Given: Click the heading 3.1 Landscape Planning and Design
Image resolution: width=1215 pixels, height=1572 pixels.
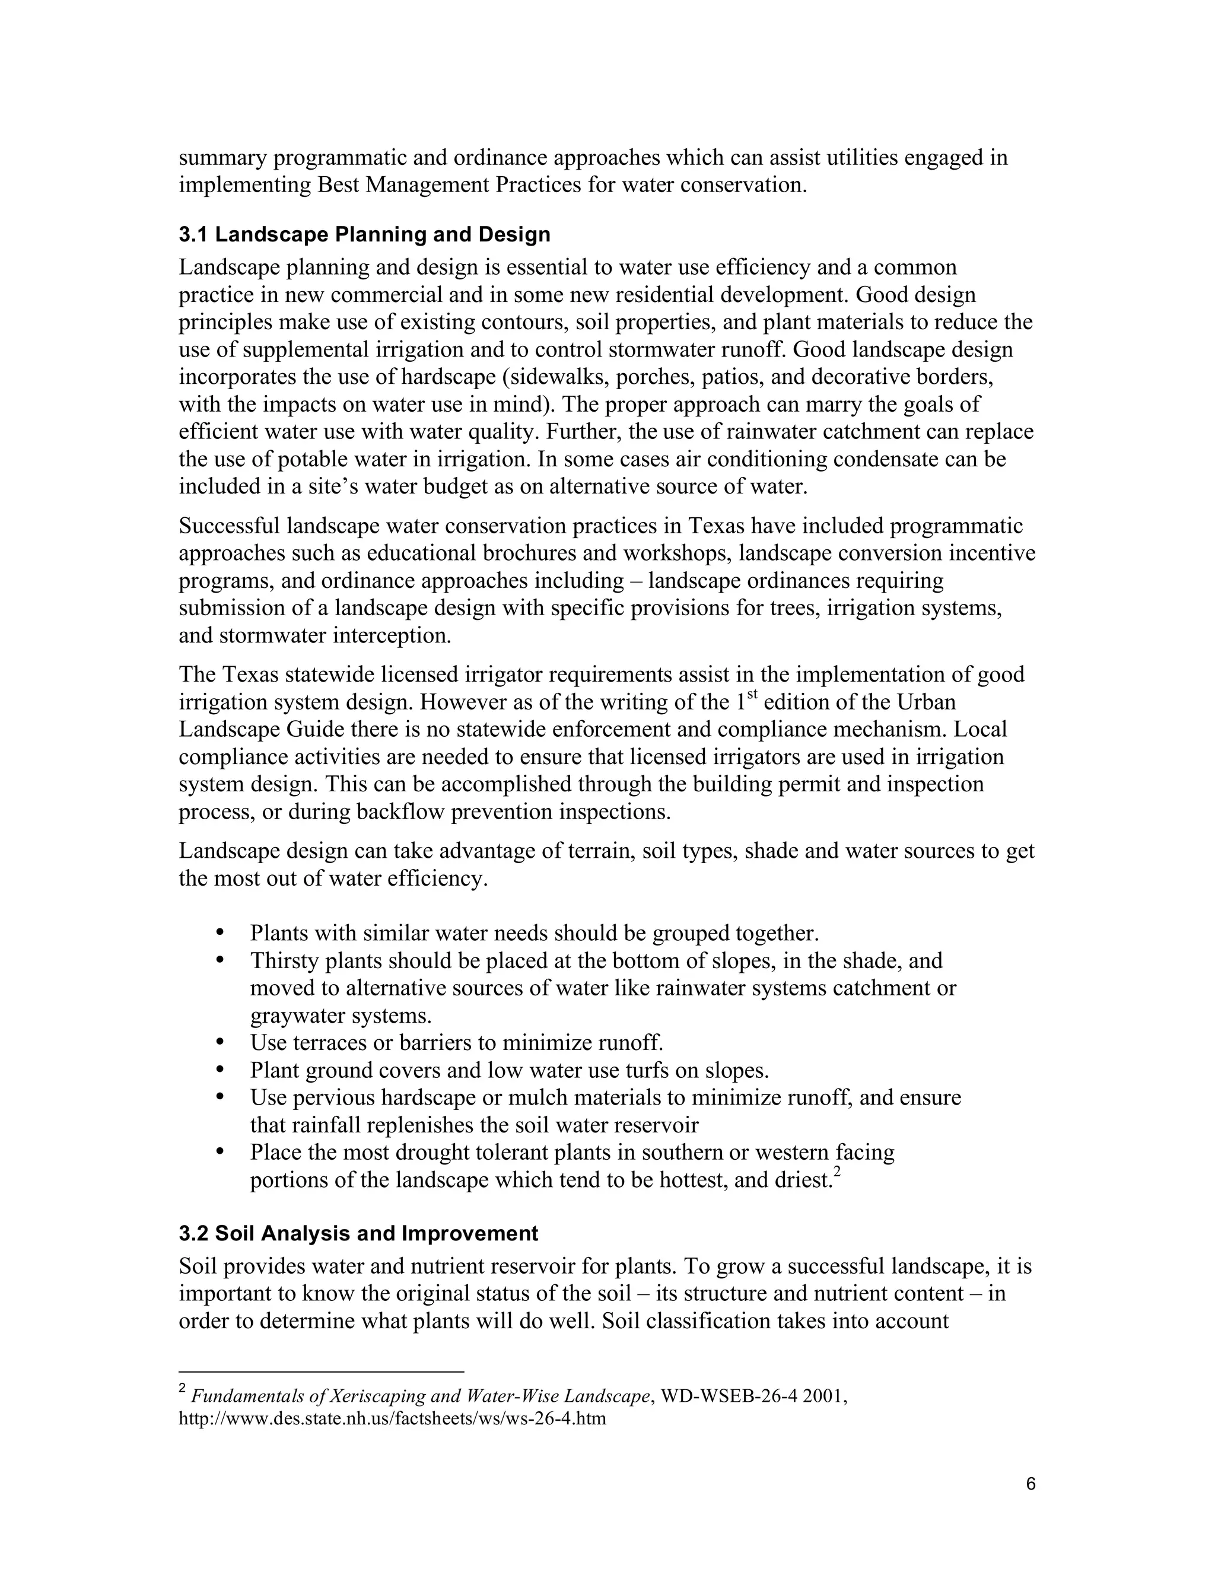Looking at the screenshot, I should click(x=364, y=235).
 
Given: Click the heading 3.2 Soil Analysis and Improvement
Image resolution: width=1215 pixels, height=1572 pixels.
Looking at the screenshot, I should click(x=358, y=1233).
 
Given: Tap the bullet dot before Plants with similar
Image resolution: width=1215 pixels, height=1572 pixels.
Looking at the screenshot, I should click(x=220, y=933).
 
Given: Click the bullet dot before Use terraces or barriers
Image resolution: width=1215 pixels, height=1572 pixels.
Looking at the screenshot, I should click(x=220, y=1042).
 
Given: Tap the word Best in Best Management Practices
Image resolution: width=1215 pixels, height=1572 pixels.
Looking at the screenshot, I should click(x=338, y=185).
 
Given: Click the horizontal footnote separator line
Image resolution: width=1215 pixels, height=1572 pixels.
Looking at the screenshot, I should click(x=321, y=1372).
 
